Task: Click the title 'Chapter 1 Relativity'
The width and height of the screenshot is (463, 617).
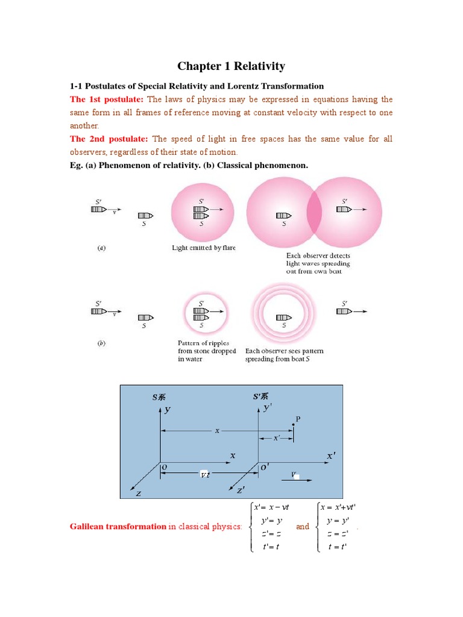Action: click(231, 66)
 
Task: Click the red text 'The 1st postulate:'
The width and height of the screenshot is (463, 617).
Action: click(107, 99)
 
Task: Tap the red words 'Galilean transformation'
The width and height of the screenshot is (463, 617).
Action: click(118, 527)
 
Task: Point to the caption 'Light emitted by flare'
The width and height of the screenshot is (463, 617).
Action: click(204, 247)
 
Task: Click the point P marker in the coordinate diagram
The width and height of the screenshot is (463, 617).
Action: click(294, 425)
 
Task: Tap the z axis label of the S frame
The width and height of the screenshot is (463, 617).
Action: click(138, 493)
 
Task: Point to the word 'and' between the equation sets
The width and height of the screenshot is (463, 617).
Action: click(303, 527)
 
